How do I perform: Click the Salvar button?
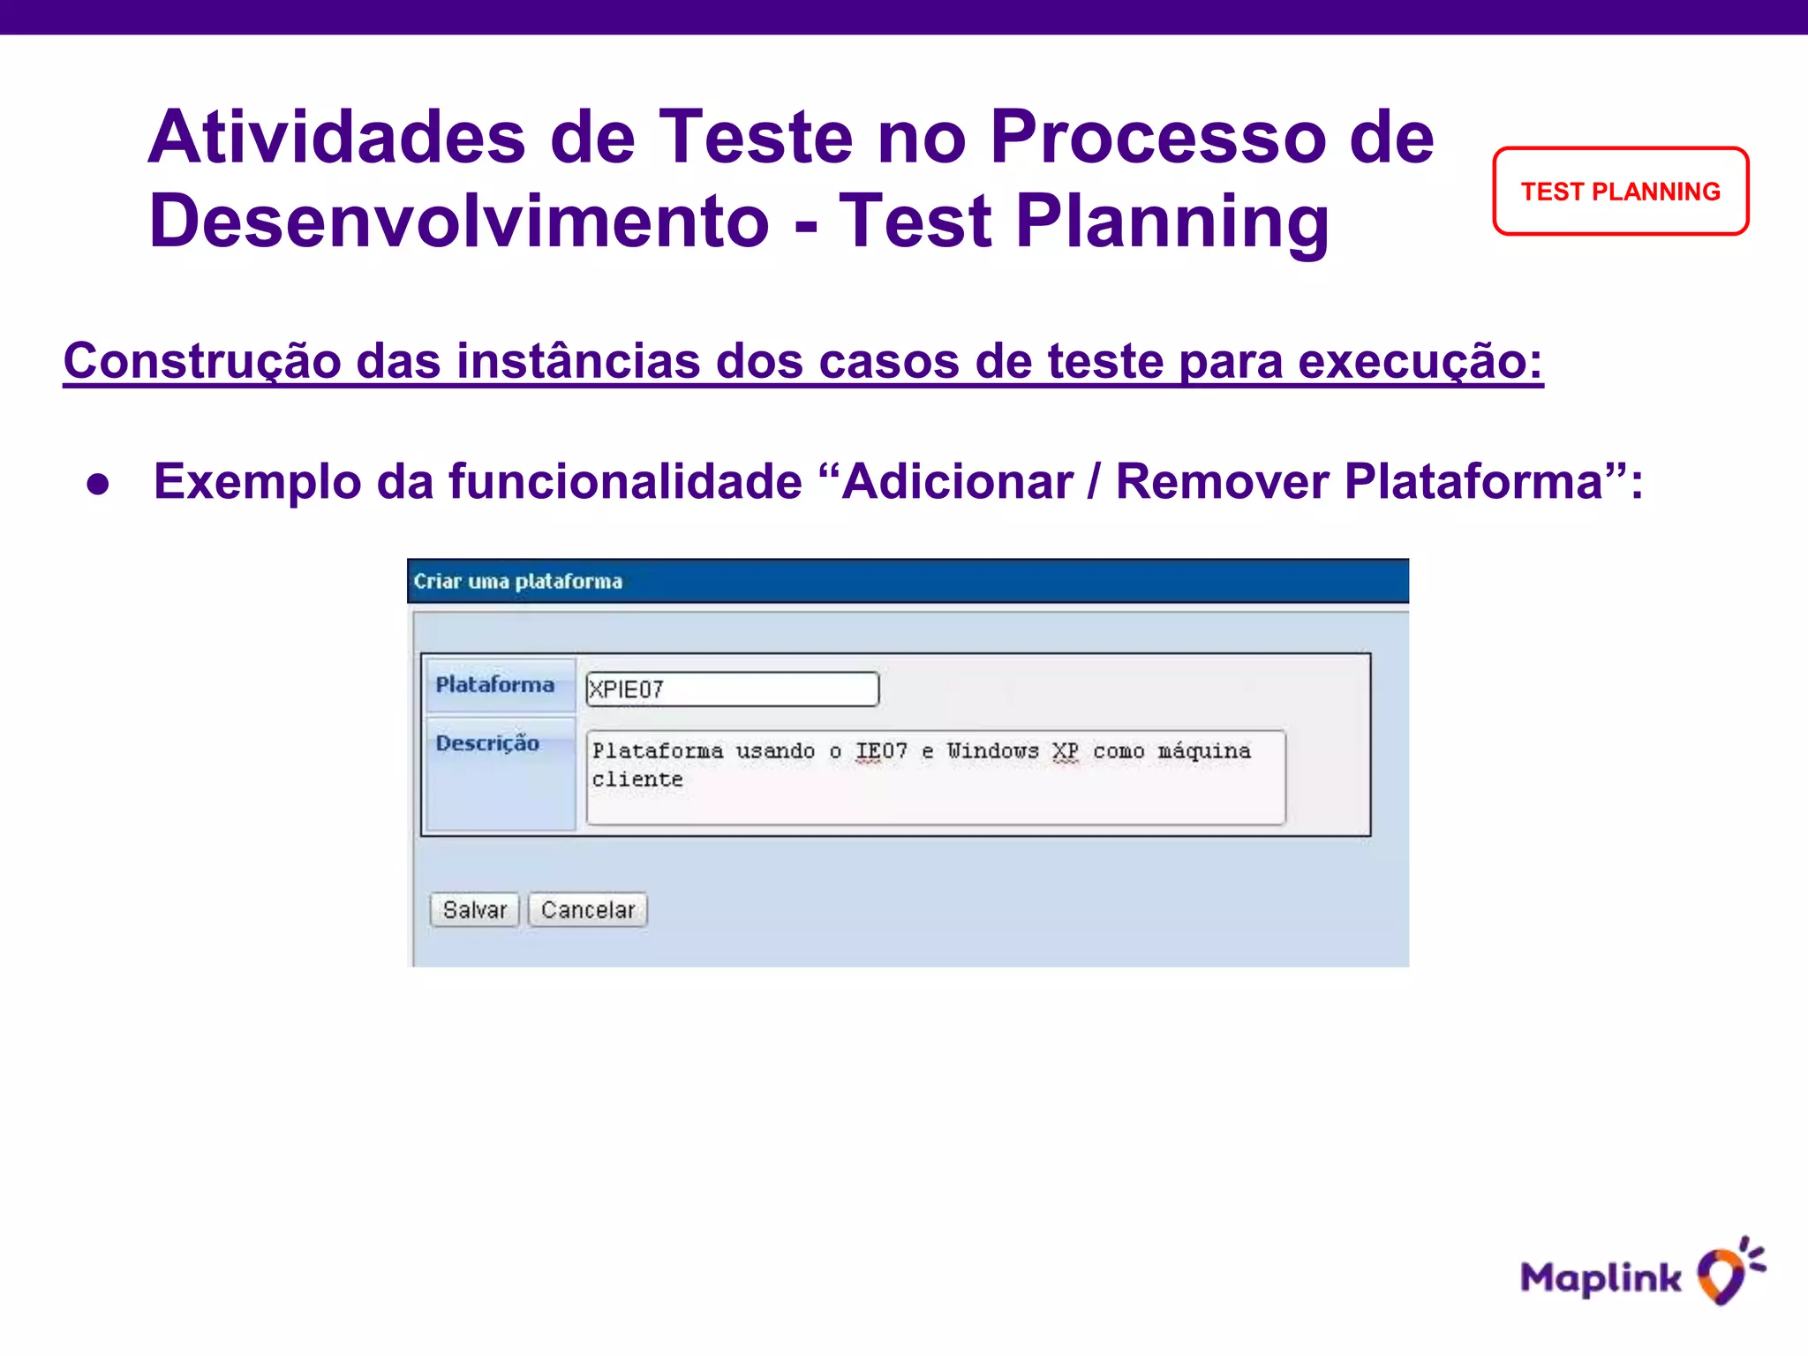[x=474, y=910]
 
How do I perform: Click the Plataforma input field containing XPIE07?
[x=732, y=689]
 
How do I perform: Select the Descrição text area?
[x=935, y=778]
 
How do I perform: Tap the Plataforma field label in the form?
[x=495, y=685]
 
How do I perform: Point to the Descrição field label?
[x=487, y=743]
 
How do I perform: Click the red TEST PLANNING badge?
[x=1620, y=192]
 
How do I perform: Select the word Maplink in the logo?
[x=1600, y=1278]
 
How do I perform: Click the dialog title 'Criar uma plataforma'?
[x=518, y=582]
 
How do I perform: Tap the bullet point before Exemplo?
[x=98, y=484]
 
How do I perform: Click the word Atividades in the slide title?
[x=336, y=138]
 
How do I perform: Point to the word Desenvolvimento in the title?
[x=458, y=222]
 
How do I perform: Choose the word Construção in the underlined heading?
[x=202, y=362]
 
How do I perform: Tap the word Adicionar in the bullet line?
[x=958, y=482]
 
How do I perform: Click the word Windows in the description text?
[x=992, y=751]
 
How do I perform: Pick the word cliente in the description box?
[x=637, y=780]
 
